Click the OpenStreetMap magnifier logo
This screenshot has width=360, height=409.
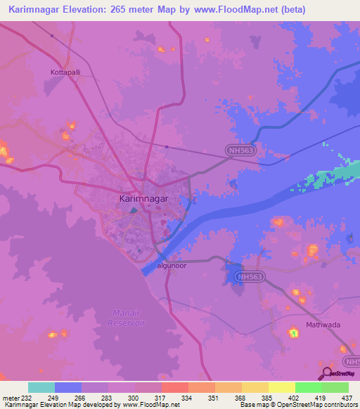[326, 375]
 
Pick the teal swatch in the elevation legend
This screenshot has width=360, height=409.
[41, 387]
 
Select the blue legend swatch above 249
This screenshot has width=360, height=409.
[68, 387]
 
